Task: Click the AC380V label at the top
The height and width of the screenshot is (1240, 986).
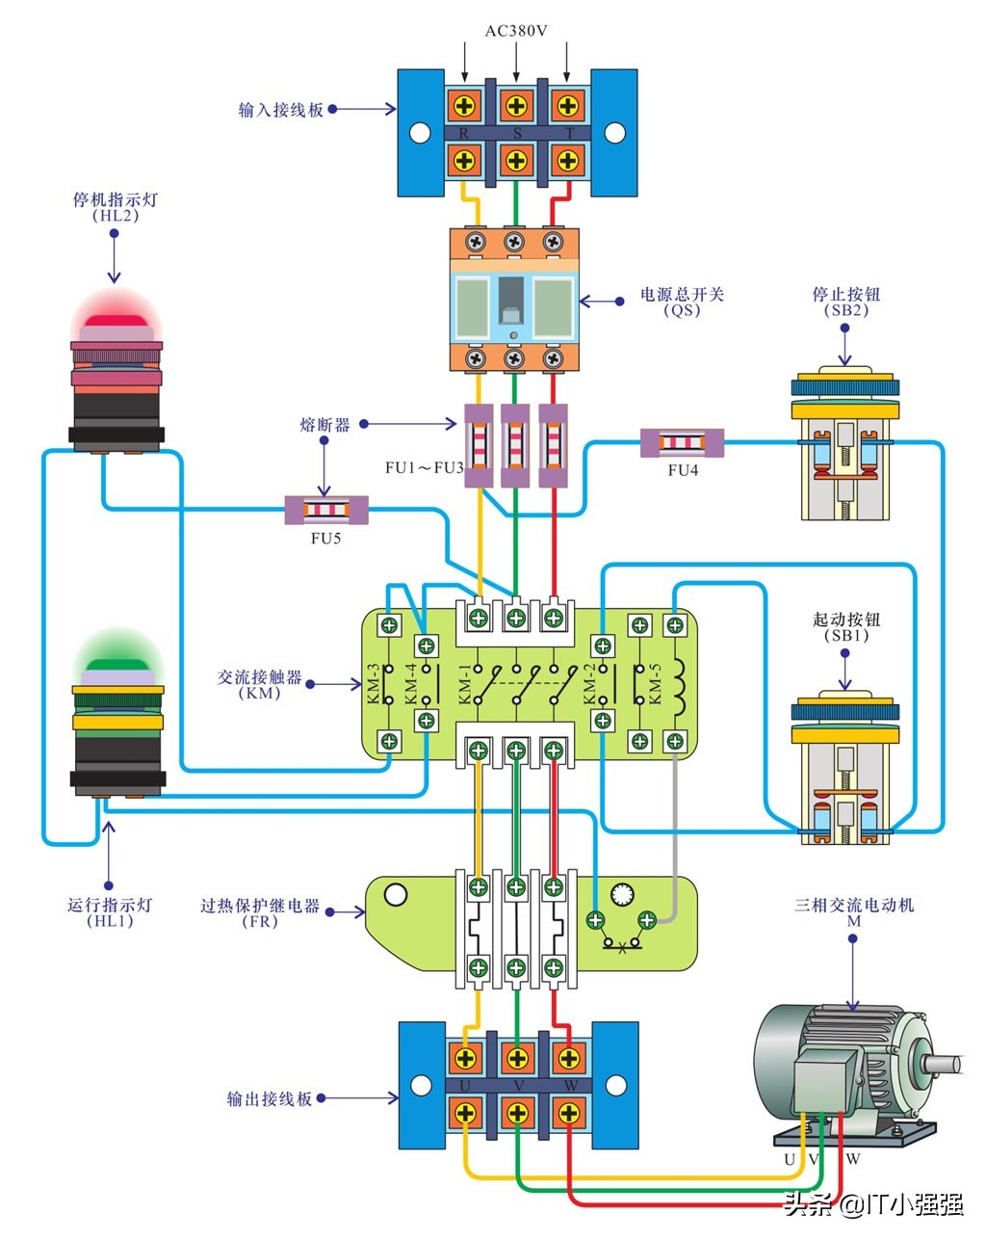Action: (516, 31)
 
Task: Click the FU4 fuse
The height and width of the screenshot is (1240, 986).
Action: (682, 443)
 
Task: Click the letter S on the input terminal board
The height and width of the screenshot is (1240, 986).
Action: (517, 134)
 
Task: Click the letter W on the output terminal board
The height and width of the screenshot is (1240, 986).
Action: (570, 1086)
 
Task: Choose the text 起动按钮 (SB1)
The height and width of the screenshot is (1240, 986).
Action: (846, 620)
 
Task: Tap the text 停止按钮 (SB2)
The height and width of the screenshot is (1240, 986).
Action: (846, 295)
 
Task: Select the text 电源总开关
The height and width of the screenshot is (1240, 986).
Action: (682, 295)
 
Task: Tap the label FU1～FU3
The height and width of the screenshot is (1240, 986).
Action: (425, 468)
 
